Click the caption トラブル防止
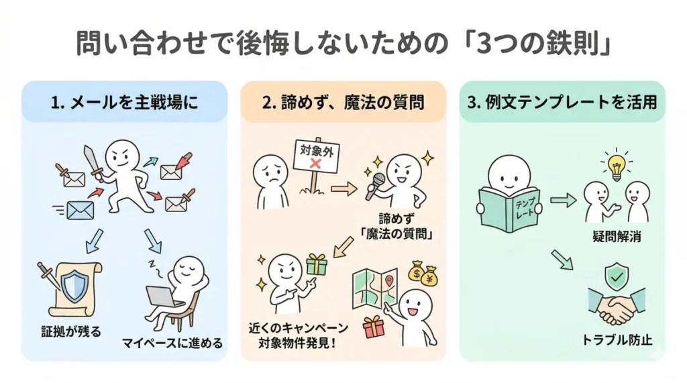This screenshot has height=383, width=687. click(617, 339)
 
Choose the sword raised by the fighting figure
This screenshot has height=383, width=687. click(91, 161)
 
